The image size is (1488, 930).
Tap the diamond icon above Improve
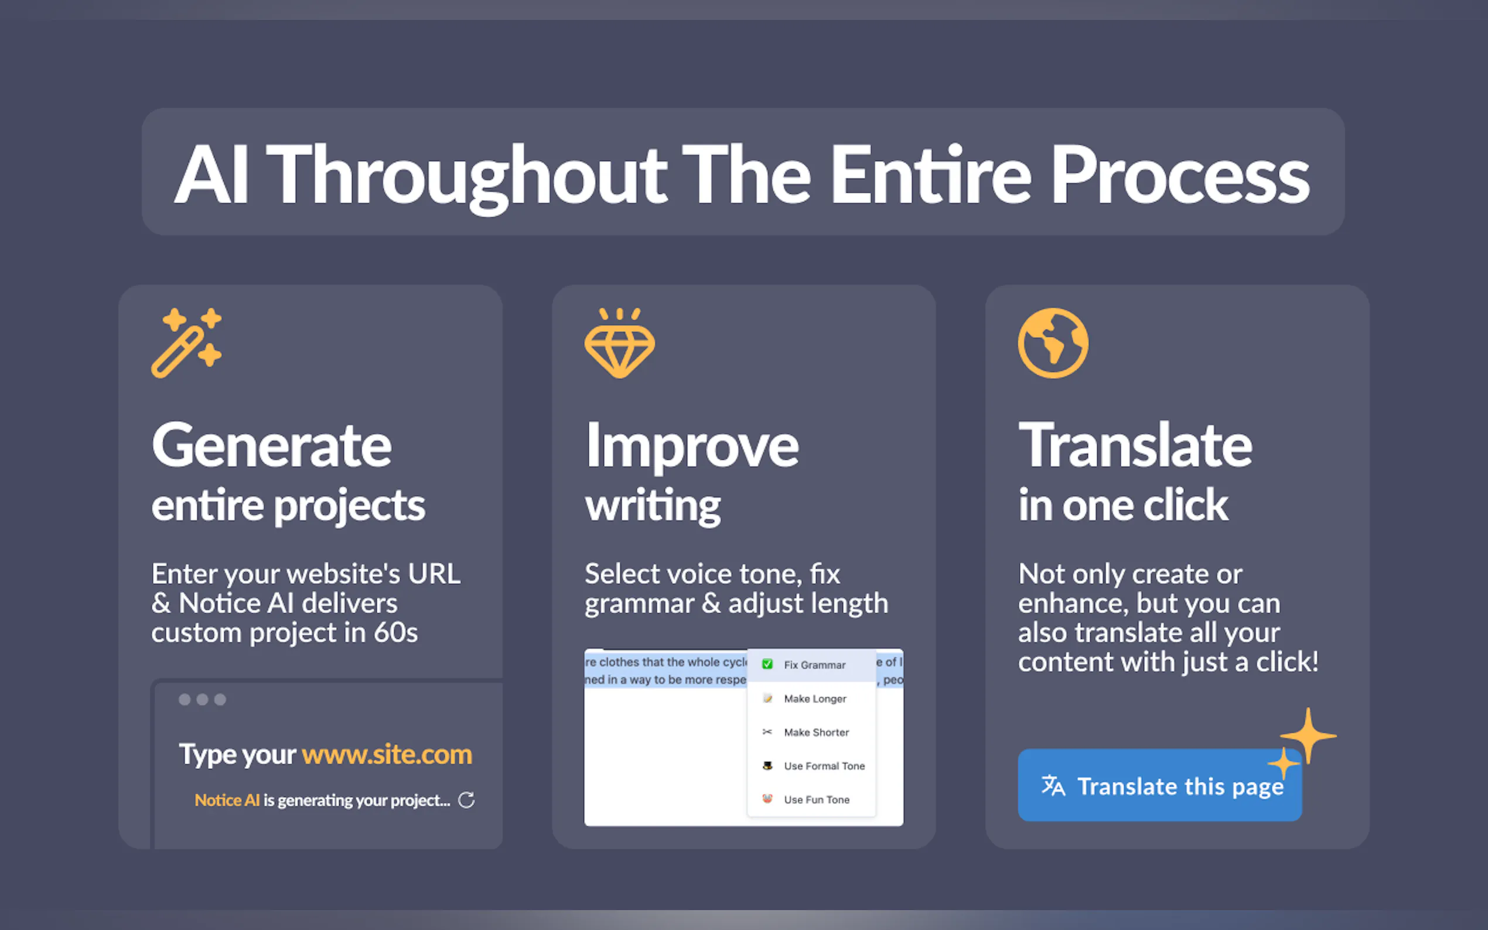point(619,343)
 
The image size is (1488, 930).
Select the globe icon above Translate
point(1053,343)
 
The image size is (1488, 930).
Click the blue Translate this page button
point(1159,785)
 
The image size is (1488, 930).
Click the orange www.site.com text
point(387,754)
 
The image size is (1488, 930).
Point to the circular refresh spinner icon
point(466,799)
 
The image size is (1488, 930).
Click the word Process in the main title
point(1180,175)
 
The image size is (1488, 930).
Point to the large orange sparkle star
point(1308,736)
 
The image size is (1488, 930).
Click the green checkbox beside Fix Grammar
point(767,664)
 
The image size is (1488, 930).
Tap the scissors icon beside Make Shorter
point(767,732)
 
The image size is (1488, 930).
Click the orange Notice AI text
point(227,799)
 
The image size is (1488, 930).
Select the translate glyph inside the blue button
point(1053,785)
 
